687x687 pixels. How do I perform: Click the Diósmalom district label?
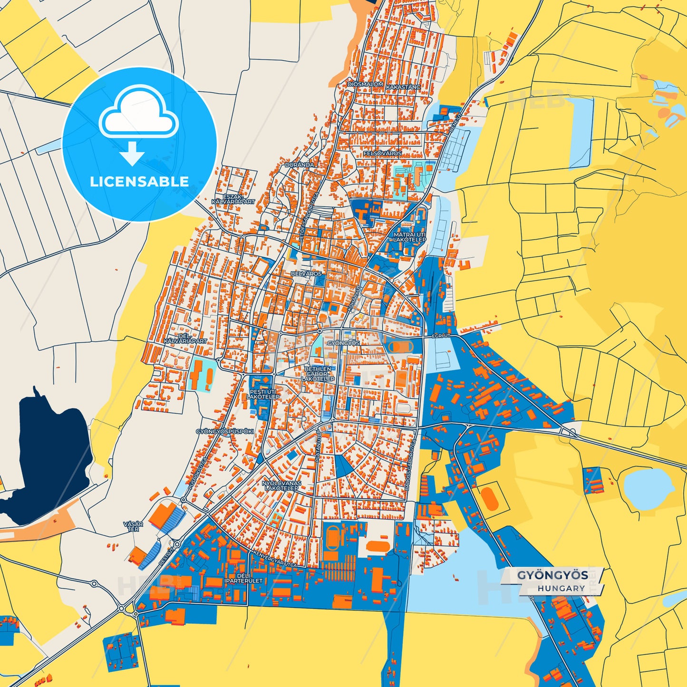pyautogui.click(x=365, y=84)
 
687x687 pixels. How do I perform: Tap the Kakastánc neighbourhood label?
pyautogui.click(x=403, y=87)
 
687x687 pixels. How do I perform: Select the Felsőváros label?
pyautogui.click(x=382, y=154)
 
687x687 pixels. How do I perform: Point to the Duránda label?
pyautogui.click(x=300, y=164)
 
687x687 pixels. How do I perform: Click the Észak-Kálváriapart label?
pyautogui.click(x=233, y=199)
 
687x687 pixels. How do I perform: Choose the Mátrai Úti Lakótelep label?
pyautogui.click(x=409, y=237)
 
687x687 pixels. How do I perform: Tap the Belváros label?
pyautogui.click(x=306, y=274)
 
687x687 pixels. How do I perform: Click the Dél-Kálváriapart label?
pyautogui.click(x=185, y=339)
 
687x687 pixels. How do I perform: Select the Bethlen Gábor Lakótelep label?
pyautogui.click(x=318, y=374)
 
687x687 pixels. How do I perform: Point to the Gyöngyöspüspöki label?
pyautogui.click(x=225, y=432)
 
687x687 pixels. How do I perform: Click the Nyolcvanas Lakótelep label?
pyautogui.click(x=281, y=485)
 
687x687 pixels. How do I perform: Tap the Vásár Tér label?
pyautogui.click(x=133, y=526)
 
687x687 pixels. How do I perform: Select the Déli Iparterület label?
pyautogui.click(x=243, y=578)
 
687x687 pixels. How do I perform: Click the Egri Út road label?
pyautogui.click(x=441, y=336)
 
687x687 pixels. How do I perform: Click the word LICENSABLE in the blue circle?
pyautogui.click(x=139, y=181)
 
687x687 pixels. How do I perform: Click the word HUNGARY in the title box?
pyautogui.click(x=561, y=588)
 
